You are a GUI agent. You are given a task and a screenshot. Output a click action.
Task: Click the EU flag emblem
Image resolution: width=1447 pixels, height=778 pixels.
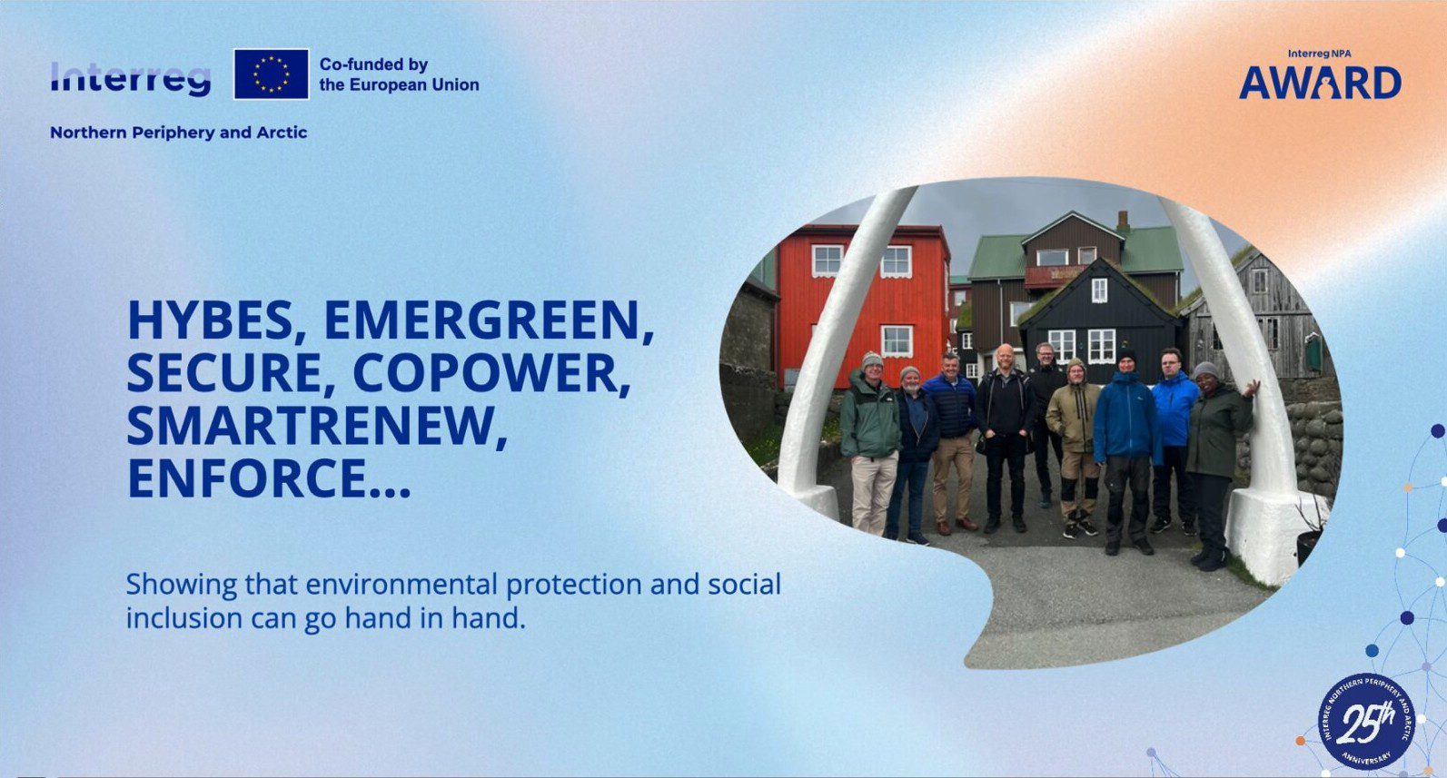coord(272,74)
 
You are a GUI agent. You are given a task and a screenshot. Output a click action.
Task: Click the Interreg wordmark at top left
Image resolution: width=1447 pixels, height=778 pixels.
coord(131,79)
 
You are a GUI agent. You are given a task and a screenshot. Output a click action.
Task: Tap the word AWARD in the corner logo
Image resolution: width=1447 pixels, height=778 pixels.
coord(1320,84)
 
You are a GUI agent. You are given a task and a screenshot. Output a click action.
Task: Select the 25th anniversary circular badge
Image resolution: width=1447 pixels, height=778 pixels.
coord(1366,721)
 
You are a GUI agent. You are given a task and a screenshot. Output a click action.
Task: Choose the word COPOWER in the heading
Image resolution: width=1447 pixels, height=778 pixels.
coord(491,373)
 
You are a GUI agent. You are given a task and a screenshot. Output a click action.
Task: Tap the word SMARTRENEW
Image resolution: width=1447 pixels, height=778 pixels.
coord(316,426)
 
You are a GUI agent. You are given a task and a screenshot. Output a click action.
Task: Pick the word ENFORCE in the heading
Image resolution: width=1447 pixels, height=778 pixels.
coord(269,478)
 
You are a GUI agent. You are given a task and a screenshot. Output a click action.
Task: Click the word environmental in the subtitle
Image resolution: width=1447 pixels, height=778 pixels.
coord(401,585)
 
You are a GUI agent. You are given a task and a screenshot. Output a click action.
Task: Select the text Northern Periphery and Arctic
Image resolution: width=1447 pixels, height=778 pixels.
coord(179,133)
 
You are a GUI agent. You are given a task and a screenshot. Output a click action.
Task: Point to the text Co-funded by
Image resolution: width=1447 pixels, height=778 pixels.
coord(374,64)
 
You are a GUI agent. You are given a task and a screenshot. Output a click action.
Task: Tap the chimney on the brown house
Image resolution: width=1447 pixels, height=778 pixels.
coord(1124,222)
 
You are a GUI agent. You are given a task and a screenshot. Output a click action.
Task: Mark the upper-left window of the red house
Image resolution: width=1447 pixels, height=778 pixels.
coord(828,261)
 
